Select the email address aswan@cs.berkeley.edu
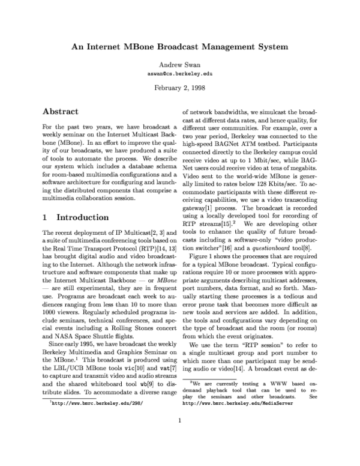pyautogui.click(x=180, y=73)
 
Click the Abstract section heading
pyautogui.click(x=65, y=112)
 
